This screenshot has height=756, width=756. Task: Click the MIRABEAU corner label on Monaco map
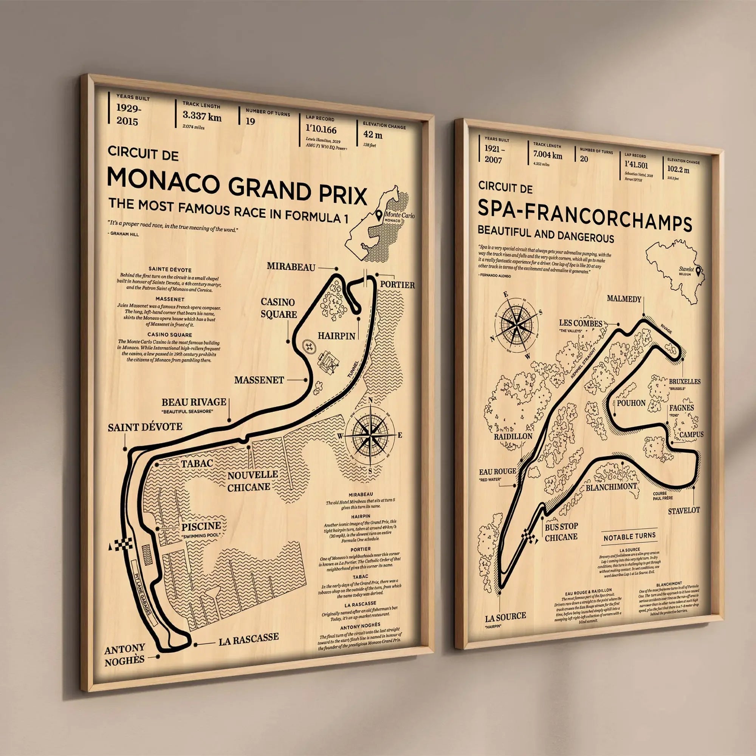tap(291, 267)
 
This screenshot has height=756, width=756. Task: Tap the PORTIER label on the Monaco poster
tap(397, 285)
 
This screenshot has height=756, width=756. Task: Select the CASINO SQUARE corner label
tap(279, 308)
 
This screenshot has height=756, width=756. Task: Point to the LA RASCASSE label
tap(248, 637)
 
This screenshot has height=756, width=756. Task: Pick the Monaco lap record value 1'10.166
tap(321, 130)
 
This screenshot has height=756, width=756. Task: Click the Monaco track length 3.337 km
tap(202, 116)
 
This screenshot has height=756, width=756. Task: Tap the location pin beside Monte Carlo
tap(379, 215)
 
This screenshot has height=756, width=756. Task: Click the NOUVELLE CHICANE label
tap(253, 481)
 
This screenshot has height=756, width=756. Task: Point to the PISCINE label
tap(201, 526)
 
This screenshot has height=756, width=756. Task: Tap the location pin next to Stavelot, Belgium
tap(698, 271)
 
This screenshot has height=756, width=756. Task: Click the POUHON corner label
tap(631, 403)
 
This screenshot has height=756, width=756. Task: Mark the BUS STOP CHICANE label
tap(561, 532)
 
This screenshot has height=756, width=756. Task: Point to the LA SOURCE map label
tap(505, 616)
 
